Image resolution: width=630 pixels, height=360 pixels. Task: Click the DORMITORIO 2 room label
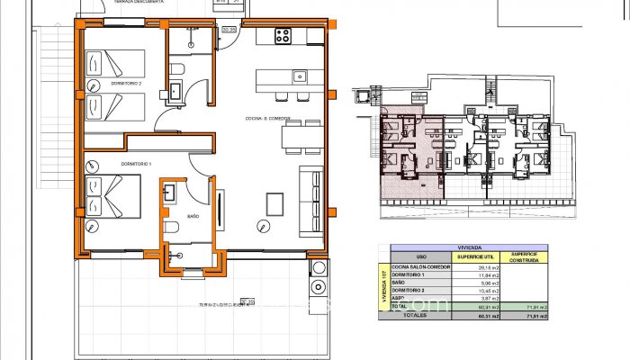point(127,84)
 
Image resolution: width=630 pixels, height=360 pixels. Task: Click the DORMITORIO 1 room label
point(112,164)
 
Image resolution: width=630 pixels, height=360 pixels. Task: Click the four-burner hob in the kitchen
point(282,37)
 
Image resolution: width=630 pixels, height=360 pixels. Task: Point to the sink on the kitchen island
point(301,76)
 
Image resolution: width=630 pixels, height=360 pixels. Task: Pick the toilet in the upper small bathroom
point(177,69)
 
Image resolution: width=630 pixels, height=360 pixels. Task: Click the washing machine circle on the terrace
point(316,288)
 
